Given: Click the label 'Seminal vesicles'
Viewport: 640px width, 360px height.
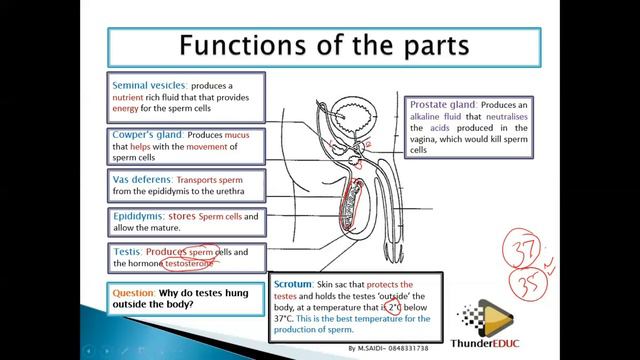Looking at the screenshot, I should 144,85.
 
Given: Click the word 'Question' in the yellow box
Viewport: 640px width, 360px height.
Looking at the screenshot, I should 134,294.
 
